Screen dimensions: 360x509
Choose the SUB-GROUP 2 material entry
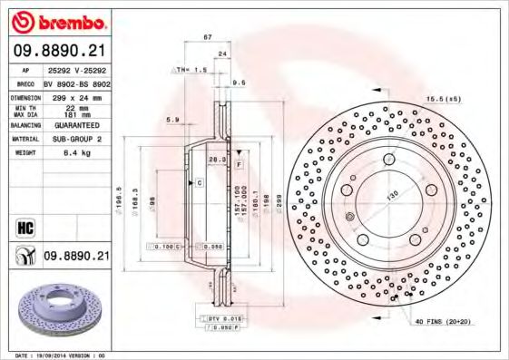(x=76, y=140)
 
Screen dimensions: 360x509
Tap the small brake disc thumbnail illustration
(x=56, y=308)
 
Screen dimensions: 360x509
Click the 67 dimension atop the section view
(x=207, y=37)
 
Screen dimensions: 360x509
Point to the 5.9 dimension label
(x=173, y=119)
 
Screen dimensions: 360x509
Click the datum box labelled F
(x=239, y=166)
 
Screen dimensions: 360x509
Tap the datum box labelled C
(x=199, y=182)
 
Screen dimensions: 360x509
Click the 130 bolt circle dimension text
(x=395, y=197)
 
